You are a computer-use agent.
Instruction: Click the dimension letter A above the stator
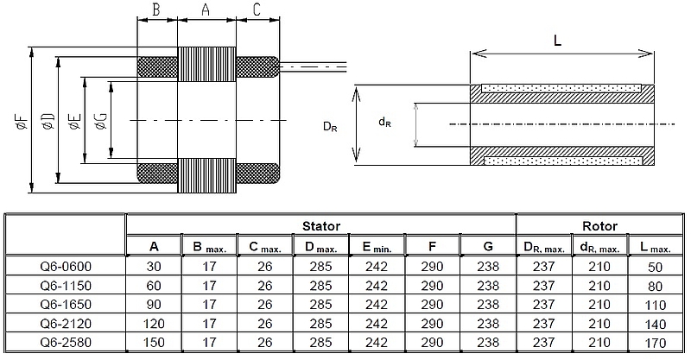[x=205, y=10]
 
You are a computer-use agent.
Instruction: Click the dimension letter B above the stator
[x=156, y=10]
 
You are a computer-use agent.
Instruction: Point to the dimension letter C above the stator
[x=257, y=10]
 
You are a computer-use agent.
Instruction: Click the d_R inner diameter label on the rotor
[x=384, y=123]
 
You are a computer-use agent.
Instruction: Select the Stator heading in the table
[x=320, y=226]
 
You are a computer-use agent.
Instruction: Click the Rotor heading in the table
[x=600, y=226]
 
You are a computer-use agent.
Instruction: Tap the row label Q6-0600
[x=66, y=267]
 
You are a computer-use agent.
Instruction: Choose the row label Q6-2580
[x=66, y=343]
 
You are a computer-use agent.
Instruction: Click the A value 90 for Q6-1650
[x=154, y=305]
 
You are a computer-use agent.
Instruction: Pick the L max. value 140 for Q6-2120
[x=657, y=324]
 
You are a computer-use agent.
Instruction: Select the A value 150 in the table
[x=154, y=343]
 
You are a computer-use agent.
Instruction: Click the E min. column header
[x=376, y=248]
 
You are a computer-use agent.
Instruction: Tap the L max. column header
[x=657, y=248]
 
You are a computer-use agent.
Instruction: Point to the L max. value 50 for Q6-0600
[x=657, y=267]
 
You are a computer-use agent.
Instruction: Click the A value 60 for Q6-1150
[x=154, y=286]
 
